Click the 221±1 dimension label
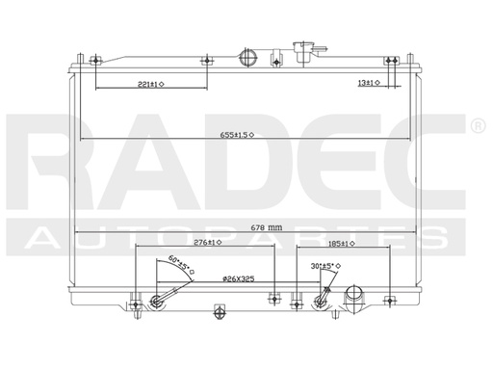pyautogui.click(x=150, y=85)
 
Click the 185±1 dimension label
pyautogui.click(x=341, y=244)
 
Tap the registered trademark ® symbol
pyautogui.click(x=477, y=126)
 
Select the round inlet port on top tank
pyautogui.click(x=252, y=56)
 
